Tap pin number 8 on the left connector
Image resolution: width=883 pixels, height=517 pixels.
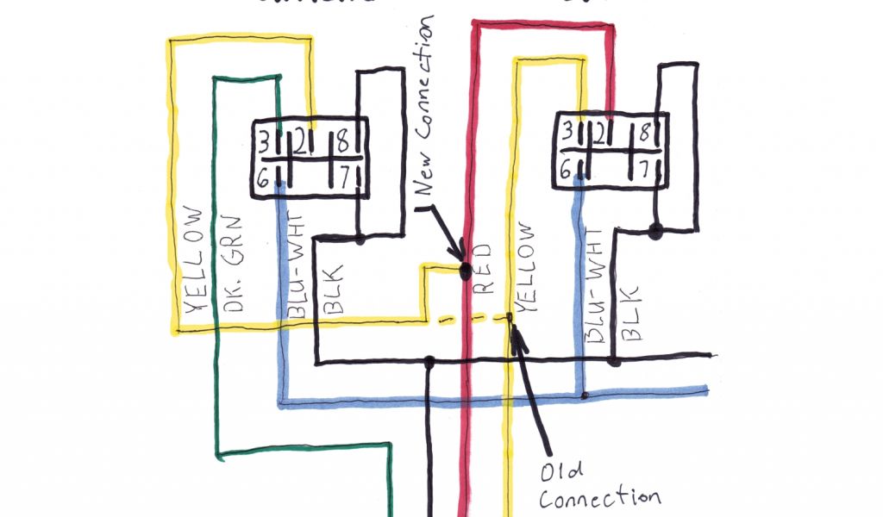[x=342, y=139]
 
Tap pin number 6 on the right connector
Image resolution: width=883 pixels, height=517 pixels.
[x=566, y=170]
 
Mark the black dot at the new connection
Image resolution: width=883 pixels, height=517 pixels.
[x=465, y=272]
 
